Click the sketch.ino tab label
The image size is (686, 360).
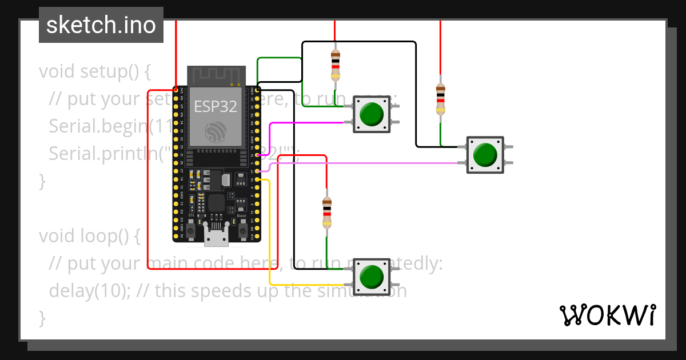(101, 25)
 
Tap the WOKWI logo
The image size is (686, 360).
(607, 315)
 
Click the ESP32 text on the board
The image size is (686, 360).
(216, 106)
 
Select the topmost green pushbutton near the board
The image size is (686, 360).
(372, 114)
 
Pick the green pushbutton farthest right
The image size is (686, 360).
(485, 154)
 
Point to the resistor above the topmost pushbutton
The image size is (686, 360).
(335, 65)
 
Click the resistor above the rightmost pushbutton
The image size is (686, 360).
(440, 99)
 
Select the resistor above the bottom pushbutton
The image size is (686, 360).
(326, 213)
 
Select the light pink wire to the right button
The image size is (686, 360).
(366, 163)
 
